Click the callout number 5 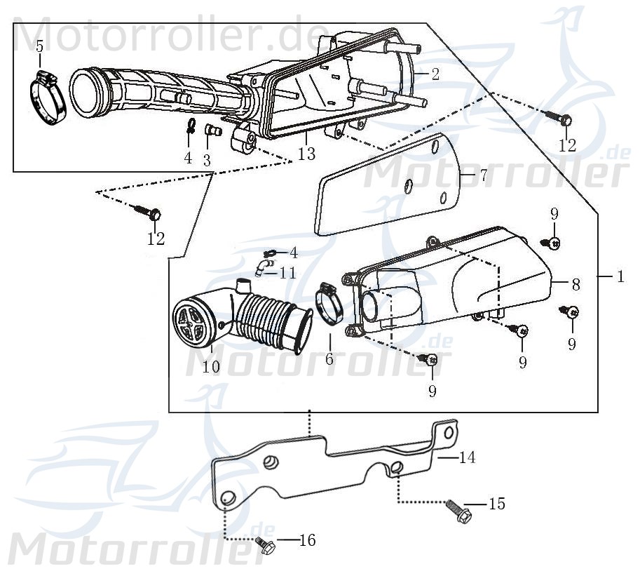(39, 46)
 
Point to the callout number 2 (435, 74)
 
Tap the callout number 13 (306, 154)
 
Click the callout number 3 (207, 160)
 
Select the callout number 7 (483, 175)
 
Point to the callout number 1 (620, 276)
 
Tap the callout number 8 (576, 284)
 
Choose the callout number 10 (211, 366)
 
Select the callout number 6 (329, 359)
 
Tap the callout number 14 (467, 457)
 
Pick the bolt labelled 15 (456, 509)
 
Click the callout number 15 (496, 504)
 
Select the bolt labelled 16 (265, 545)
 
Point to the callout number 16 (307, 540)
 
